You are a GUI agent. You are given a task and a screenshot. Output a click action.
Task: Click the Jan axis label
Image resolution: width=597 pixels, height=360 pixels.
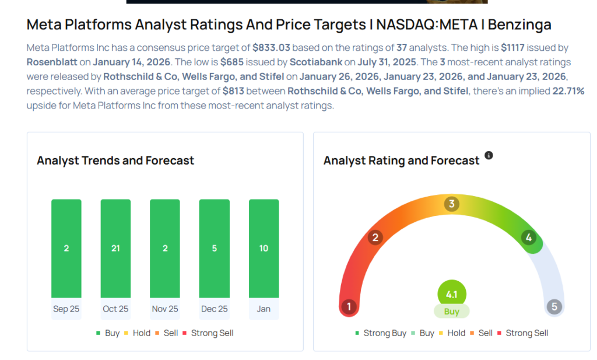click(x=264, y=309)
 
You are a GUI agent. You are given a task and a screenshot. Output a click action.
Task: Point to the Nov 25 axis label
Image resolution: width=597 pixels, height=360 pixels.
click(x=164, y=309)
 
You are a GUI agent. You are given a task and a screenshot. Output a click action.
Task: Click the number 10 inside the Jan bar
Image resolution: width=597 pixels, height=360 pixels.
click(x=264, y=249)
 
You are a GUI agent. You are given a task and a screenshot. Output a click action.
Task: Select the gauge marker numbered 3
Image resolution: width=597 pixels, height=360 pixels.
click(x=451, y=204)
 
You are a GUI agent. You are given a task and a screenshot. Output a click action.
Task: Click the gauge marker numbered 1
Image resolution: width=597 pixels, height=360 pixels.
click(x=349, y=307)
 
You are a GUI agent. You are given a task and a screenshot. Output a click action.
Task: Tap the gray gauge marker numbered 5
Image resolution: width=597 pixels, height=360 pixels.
click(x=554, y=307)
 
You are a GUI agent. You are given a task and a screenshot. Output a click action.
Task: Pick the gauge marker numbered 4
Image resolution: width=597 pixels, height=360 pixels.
click(x=529, y=237)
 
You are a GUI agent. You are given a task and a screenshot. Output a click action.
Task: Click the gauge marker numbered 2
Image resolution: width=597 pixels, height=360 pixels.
click(x=375, y=237)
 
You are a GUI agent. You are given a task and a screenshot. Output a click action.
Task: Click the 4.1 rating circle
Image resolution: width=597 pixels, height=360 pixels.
click(x=451, y=294)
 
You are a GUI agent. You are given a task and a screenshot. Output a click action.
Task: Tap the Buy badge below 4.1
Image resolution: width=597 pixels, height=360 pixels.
click(x=451, y=312)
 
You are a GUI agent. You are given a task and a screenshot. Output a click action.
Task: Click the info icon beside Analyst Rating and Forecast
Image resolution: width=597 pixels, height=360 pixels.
click(x=489, y=155)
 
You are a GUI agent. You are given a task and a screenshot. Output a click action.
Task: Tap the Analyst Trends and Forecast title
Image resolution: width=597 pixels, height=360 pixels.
click(x=115, y=160)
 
